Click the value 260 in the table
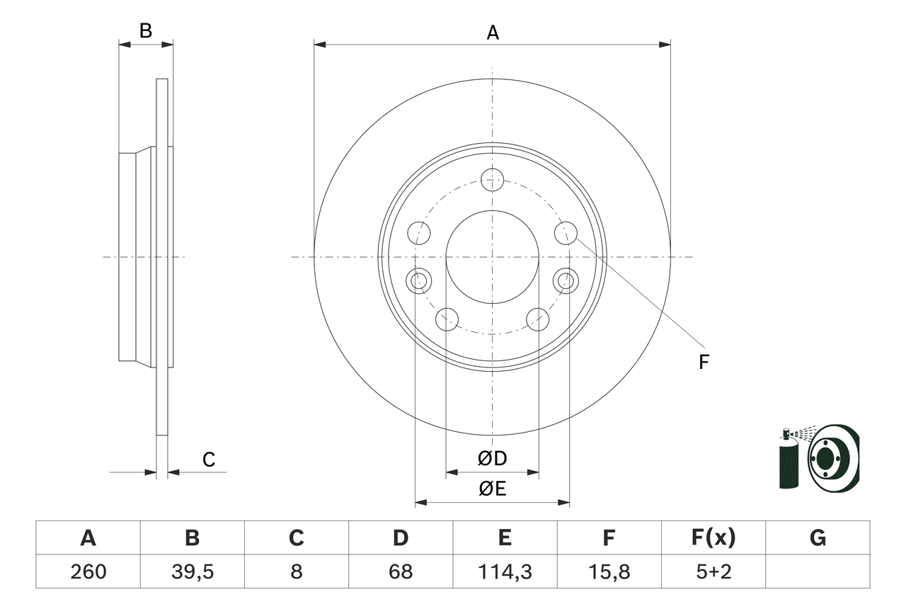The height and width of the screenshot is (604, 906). [x=88, y=571]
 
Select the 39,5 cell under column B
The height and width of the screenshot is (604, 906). [x=192, y=571]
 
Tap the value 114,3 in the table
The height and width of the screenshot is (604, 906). [x=504, y=571]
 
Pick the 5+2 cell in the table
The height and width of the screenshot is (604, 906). [x=713, y=571]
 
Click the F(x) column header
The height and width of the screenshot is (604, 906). [x=713, y=538]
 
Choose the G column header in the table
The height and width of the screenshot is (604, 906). [x=818, y=538]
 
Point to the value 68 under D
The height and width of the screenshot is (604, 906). [x=400, y=571]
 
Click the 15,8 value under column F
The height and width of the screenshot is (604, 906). [x=608, y=571]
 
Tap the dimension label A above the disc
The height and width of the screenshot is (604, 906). [x=493, y=33]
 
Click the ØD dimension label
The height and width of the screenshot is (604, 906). [x=493, y=459]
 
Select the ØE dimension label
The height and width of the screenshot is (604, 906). [x=493, y=489]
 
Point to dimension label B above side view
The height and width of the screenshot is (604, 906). [x=145, y=31]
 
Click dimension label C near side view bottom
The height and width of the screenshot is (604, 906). [x=209, y=460]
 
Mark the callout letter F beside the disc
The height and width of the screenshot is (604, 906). [x=704, y=363]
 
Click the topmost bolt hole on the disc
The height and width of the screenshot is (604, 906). [x=492, y=180]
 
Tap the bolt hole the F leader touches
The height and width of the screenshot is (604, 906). [x=565, y=232]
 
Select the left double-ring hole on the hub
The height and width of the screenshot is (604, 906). [x=420, y=280]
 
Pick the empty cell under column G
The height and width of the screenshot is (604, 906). [x=818, y=571]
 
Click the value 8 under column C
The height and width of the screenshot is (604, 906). [x=296, y=571]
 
